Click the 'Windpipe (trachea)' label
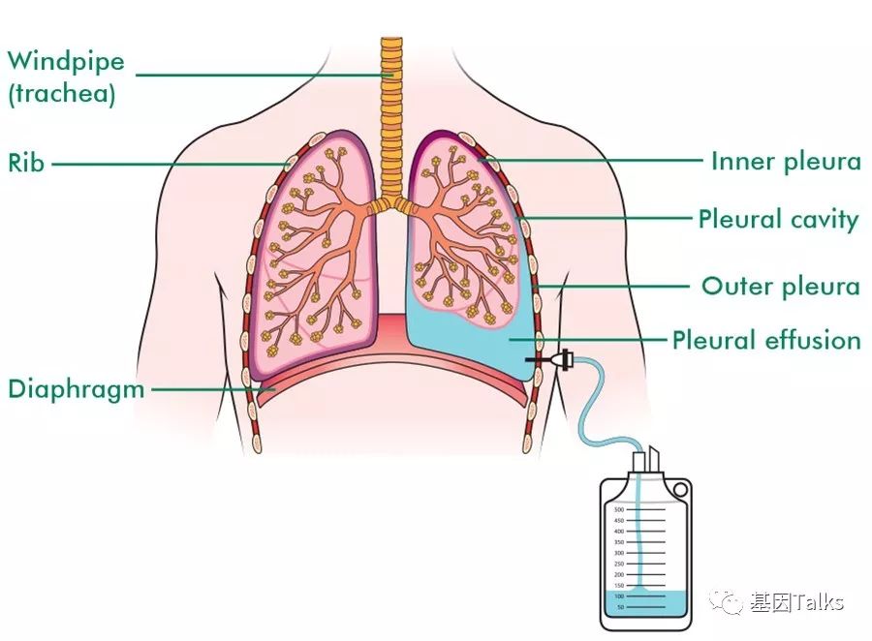coord(66,76)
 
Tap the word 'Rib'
coord(26,163)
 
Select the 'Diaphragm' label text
coord(77,389)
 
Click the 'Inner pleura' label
coord(786,161)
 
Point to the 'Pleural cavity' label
coord(778,219)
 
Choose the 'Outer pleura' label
coord(781,287)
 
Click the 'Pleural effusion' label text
coord(766,340)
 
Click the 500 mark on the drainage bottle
coord(619,508)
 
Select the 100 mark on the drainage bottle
coord(619,596)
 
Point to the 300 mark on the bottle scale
coord(619,553)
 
